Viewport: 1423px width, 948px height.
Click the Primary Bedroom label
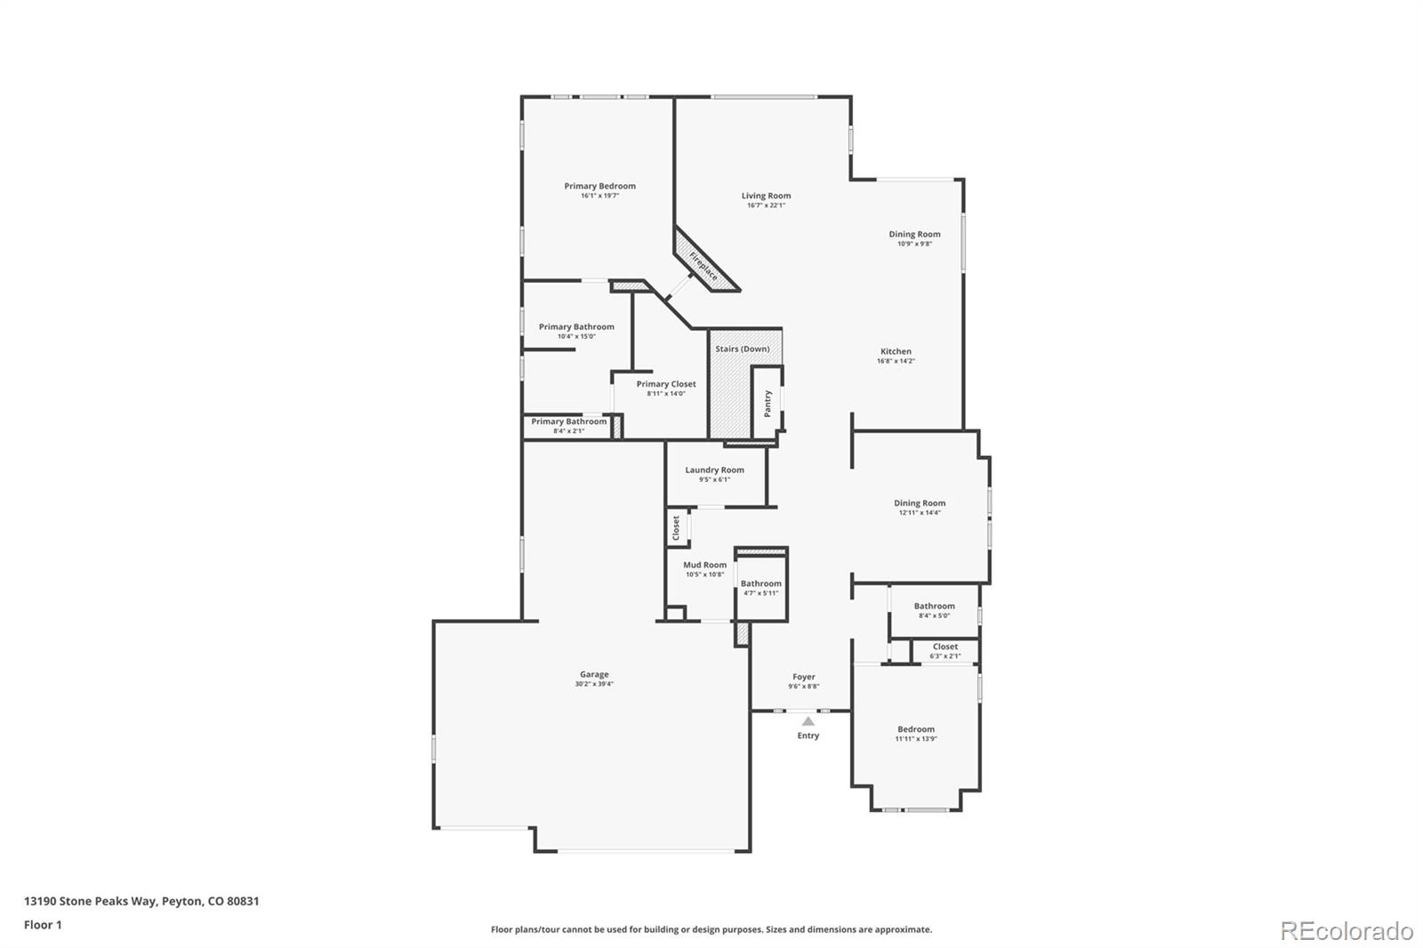coord(599,186)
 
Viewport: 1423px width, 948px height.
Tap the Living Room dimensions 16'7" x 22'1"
coord(766,205)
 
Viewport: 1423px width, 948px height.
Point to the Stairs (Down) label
coord(742,349)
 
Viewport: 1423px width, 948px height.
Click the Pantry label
coord(768,404)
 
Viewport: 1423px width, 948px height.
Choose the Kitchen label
coord(896,351)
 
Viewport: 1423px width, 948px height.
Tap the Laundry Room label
coord(714,470)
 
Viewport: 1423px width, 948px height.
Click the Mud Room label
coord(704,565)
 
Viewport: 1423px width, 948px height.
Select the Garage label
coord(594,674)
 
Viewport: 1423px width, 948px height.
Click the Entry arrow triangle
coord(808,721)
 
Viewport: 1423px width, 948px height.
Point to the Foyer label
coord(803,677)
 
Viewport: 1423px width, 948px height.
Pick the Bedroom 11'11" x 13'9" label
coord(915,729)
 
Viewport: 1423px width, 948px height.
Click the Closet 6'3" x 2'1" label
coord(945,647)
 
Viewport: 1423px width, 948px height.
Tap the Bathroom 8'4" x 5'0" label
coord(934,606)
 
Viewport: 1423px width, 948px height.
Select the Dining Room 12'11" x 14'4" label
coord(920,502)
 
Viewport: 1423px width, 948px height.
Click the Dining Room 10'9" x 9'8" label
coord(914,234)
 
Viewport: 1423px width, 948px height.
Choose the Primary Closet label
coord(665,384)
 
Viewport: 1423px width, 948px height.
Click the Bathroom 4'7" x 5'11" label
coord(760,583)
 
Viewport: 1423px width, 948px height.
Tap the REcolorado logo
coord(1346,931)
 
